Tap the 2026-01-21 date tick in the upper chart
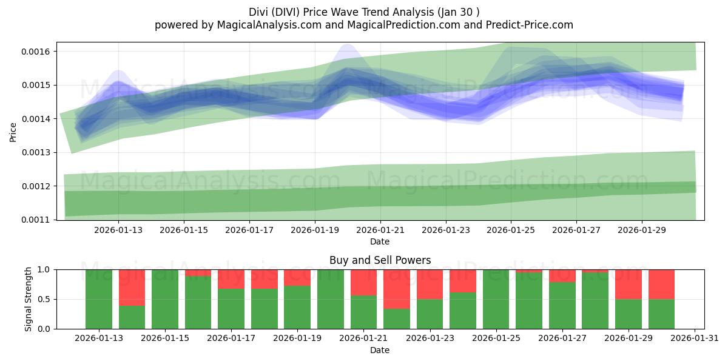pyautogui.click(x=380, y=230)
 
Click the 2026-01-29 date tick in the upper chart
pyautogui.click(x=642, y=230)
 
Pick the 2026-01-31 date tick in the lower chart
pyautogui.click(x=693, y=339)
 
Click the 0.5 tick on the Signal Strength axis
pyautogui.click(x=44, y=299)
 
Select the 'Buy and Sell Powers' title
pyautogui.click(x=380, y=260)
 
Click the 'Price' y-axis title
pyautogui.click(x=13, y=131)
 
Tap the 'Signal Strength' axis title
pyautogui.click(x=29, y=299)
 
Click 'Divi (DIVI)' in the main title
pyautogui.click(x=277, y=12)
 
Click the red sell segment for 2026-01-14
pyautogui.click(x=132, y=287)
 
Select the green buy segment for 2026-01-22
pyautogui.click(x=396, y=319)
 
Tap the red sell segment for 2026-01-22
pyautogui.click(x=396, y=289)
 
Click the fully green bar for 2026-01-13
pyautogui.click(x=99, y=299)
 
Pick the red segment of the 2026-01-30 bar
pyautogui.click(x=661, y=284)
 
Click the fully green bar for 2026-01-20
pyautogui.click(x=331, y=299)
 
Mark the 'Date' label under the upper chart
pyautogui.click(x=380, y=241)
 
